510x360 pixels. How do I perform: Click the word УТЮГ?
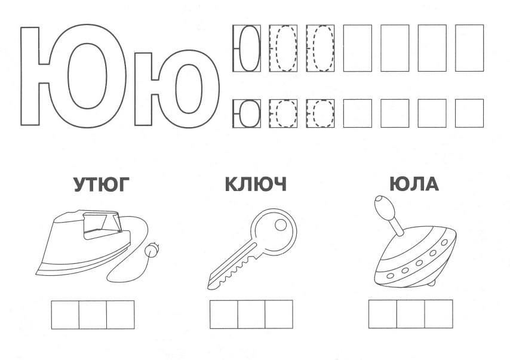101,184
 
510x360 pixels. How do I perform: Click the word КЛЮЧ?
256,184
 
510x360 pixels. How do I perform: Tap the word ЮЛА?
414,184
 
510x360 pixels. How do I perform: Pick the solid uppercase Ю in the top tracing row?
247,48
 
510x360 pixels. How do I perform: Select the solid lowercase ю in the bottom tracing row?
247,113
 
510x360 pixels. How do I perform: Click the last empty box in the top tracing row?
469,48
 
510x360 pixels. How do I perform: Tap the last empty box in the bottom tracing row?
469,113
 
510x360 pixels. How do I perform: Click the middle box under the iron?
93,315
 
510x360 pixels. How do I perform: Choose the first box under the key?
224,314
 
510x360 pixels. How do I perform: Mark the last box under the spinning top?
438,314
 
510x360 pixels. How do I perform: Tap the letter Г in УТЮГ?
122,184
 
